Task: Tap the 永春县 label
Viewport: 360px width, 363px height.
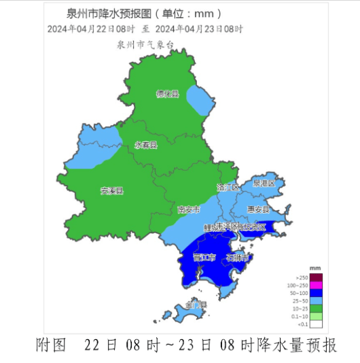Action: point(146,145)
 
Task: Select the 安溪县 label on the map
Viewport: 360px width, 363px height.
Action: point(112,191)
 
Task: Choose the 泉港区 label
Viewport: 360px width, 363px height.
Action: point(264,184)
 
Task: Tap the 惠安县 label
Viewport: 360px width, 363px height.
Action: point(258,209)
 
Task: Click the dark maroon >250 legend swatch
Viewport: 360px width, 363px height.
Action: point(317,277)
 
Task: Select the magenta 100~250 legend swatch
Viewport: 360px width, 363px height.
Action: point(317,285)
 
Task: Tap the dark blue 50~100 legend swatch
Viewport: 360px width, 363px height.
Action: point(317,292)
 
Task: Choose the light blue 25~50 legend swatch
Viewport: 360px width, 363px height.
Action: point(317,300)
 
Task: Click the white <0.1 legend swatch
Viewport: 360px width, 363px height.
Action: point(317,324)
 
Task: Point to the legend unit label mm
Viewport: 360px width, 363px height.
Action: point(314,269)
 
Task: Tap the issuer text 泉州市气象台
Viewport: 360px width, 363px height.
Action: point(145,44)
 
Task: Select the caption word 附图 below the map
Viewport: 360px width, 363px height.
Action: point(51,345)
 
